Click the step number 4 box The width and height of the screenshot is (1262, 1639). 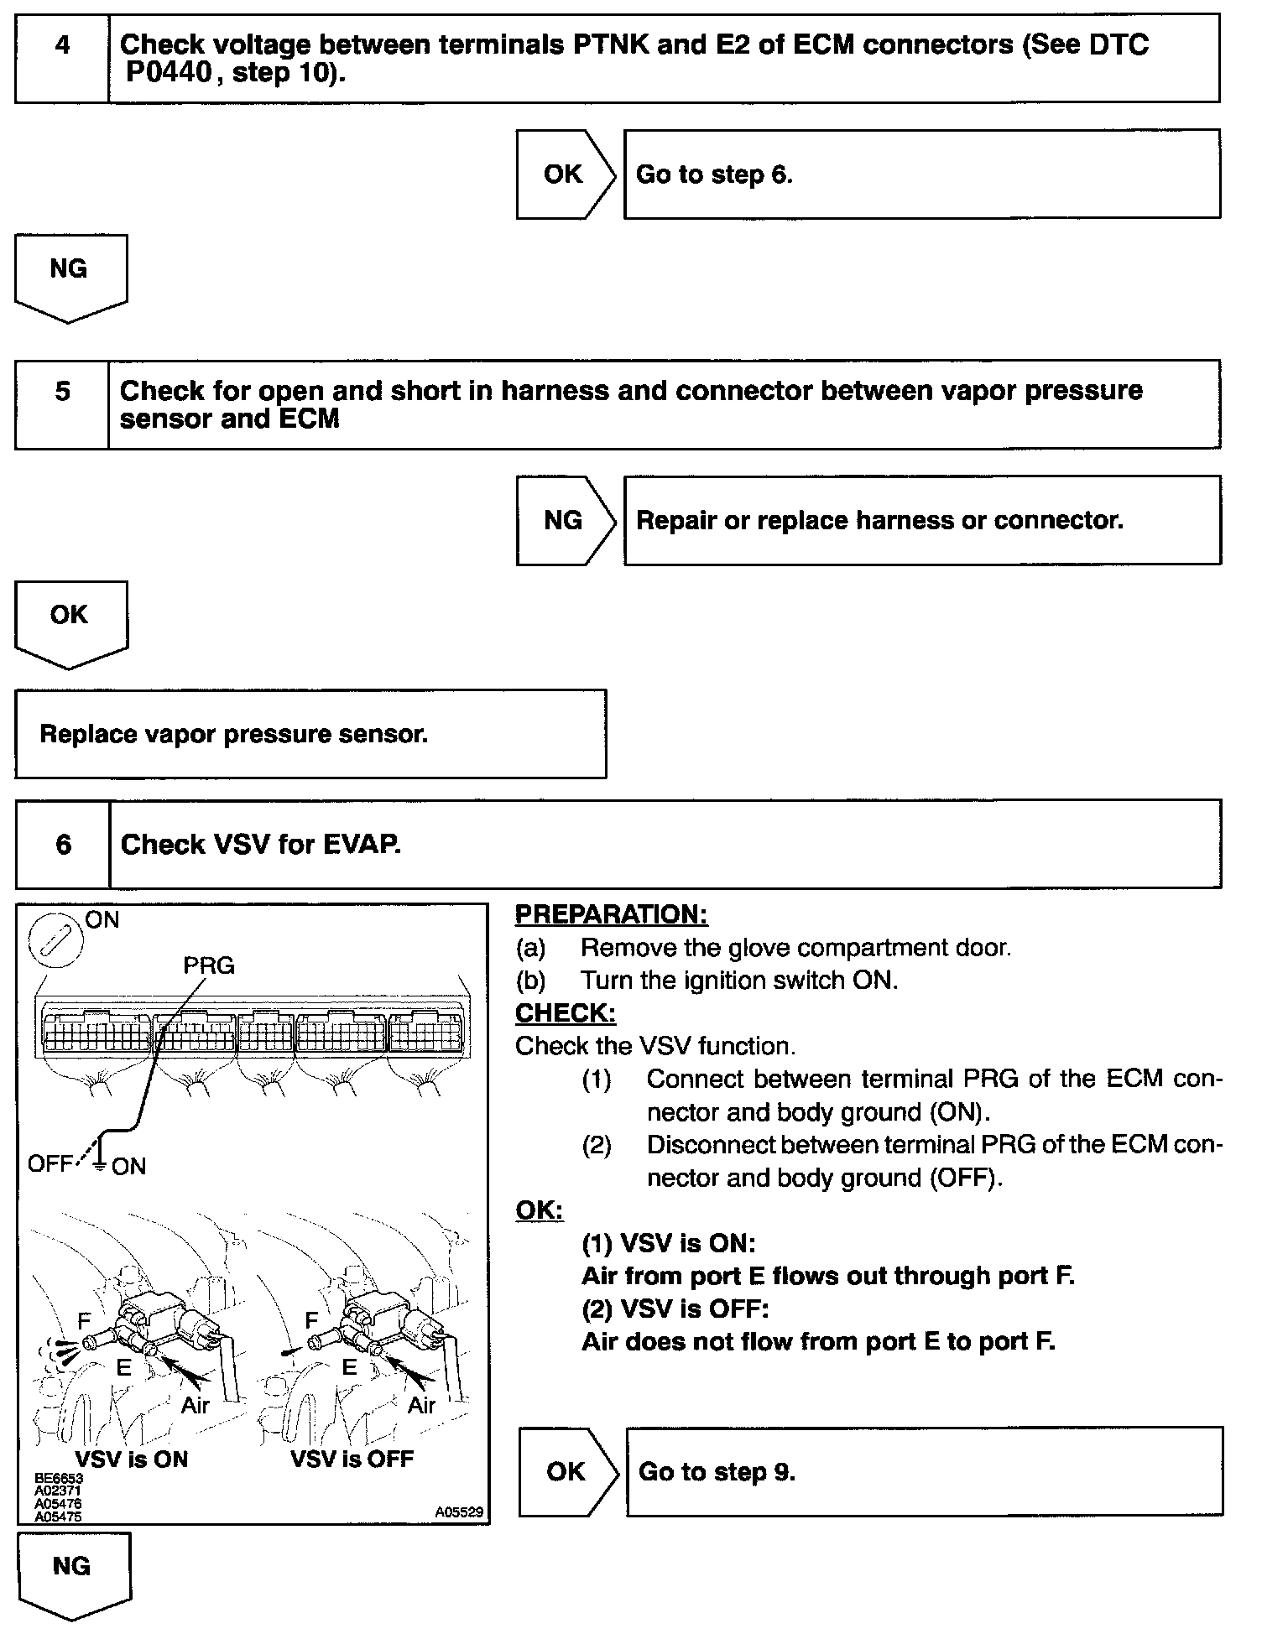[62, 58]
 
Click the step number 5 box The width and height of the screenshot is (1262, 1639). [62, 404]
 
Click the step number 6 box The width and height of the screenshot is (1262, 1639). [63, 844]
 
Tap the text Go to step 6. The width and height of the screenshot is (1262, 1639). [714, 174]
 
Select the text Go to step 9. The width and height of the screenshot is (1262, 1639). [717, 1472]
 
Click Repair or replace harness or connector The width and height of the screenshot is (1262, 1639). [879, 520]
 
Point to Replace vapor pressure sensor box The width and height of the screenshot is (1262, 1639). [310, 734]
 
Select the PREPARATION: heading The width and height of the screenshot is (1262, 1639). [611, 914]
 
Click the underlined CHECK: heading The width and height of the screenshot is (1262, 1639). [565, 1013]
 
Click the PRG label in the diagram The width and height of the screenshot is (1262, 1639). [209, 966]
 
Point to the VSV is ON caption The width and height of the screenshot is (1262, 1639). [132, 1459]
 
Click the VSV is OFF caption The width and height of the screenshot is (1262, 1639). [352, 1459]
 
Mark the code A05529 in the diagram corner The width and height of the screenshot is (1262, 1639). [459, 1512]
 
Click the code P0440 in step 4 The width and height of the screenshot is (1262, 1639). [169, 74]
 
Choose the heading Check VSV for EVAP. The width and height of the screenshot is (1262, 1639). [261, 845]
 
